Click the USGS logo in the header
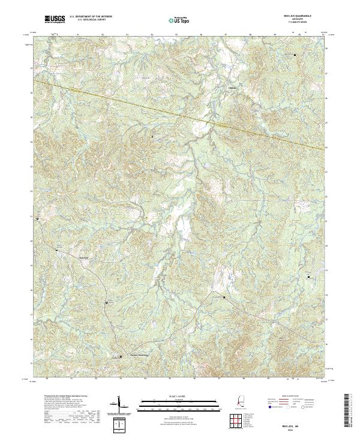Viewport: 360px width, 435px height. (x=55, y=19)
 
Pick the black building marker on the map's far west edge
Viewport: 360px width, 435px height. (x=38, y=220)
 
